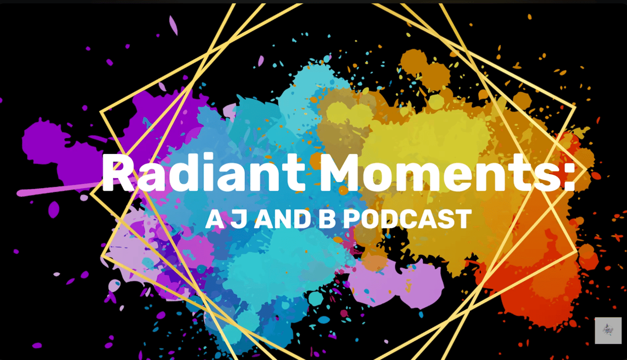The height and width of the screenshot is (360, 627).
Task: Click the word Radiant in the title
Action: [x=204, y=173]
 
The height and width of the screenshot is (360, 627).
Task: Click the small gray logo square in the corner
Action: [x=608, y=330]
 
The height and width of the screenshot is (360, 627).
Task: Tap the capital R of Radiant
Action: [x=118, y=173]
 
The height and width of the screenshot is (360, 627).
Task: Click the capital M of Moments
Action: [x=340, y=173]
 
